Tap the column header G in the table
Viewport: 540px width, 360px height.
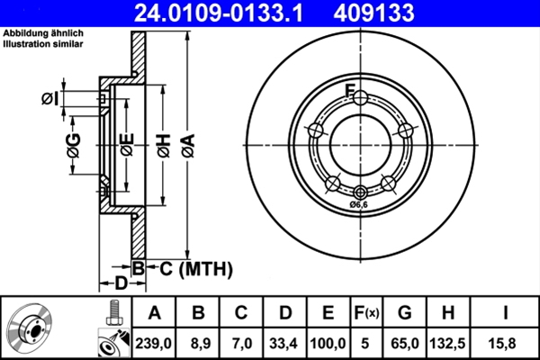(x=405, y=313)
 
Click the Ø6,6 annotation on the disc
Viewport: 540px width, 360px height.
(x=360, y=204)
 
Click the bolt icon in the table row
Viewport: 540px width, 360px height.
(x=112, y=314)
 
